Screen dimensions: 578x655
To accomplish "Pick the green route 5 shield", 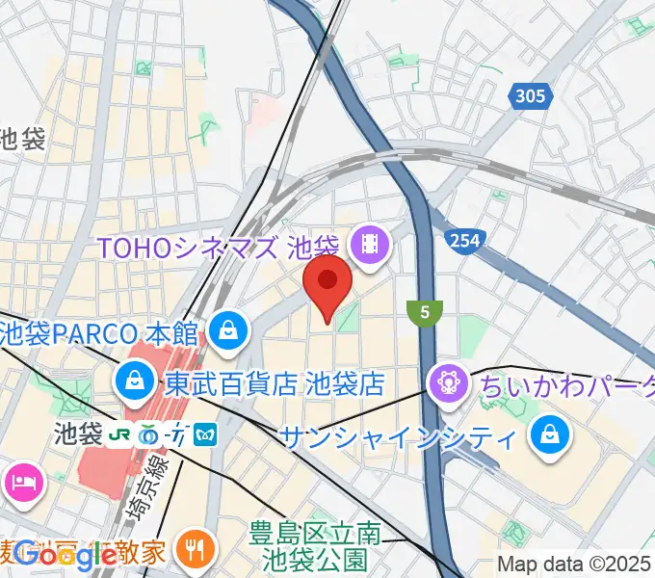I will pyautogui.click(x=424, y=311).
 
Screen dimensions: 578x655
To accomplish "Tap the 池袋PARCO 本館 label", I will pyautogui.click(x=98, y=334).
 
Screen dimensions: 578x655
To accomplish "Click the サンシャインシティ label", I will pyautogui.click(x=397, y=436).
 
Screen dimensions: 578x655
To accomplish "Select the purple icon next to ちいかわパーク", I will pyautogui.click(x=449, y=384).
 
